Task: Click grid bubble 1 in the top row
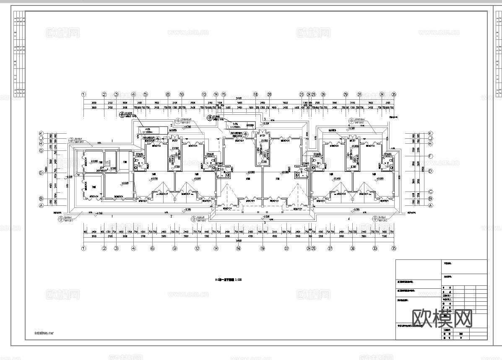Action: pos(83,95)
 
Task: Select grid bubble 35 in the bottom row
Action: pos(393,248)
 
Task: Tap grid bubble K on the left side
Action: pos(41,133)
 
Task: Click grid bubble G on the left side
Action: pos(41,150)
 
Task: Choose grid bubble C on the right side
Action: pos(430,192)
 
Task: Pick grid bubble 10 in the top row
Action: pos(182,95)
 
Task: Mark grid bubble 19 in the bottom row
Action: pos(263,248)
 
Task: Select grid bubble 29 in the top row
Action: pos(346,95)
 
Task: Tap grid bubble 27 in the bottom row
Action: pos(330,248)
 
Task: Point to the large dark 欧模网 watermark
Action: pos(442,319)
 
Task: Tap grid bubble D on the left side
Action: pos(41,172)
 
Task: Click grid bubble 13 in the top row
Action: pos(204,95)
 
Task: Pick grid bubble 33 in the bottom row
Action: pos(375,248)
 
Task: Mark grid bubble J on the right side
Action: pos(430,138)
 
